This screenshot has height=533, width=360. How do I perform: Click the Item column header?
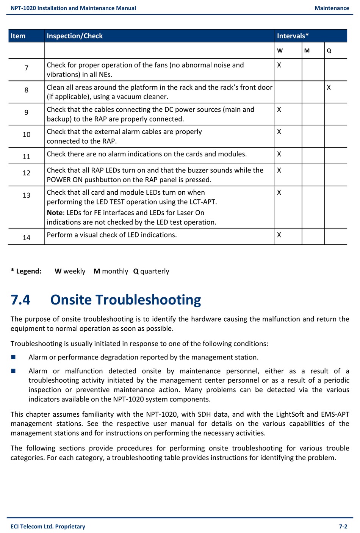(18, 36)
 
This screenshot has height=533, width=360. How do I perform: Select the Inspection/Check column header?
(75, 36)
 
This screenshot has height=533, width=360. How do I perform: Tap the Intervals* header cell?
(293, 36)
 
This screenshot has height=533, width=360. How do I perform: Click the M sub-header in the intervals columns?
(307, 50)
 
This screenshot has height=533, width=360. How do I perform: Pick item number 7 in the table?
(27, 68)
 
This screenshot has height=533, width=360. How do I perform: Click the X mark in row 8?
(329, 88)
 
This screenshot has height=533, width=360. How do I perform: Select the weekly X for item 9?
(279, 109)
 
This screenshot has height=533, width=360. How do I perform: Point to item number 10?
(27, 134)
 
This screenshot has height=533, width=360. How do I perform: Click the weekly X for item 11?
(279, 154)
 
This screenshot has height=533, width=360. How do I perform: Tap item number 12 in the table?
(27, 173)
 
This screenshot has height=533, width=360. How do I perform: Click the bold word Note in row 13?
(55, 213)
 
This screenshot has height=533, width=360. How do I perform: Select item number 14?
(27, 238)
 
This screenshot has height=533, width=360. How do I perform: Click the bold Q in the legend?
(136, 271)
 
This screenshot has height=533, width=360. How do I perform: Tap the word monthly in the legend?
(115, 271)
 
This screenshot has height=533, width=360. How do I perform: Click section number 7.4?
(20, 300)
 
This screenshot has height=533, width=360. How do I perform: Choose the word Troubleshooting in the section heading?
(148, 300)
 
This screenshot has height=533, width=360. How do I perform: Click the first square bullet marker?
(13, 357)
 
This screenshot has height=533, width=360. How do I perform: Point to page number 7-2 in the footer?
(343, 527)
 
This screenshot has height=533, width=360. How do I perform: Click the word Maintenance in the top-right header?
(332, 8)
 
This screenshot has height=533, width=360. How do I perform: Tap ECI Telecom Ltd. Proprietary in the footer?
(48, 527)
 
